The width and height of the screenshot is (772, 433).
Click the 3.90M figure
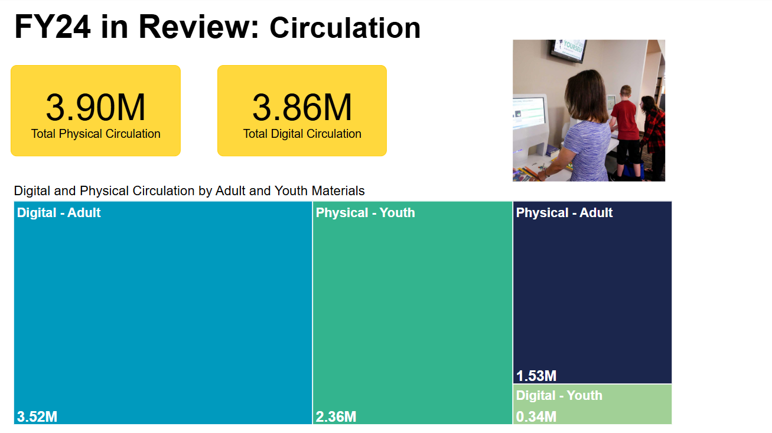point(96,108)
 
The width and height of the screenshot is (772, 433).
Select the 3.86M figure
point(302,108)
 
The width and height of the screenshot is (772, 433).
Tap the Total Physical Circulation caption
point(96,134)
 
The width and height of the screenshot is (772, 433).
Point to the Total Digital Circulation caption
point(302,134)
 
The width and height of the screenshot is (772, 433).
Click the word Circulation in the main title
point(345,28)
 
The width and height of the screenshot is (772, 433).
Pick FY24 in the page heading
point(53,27)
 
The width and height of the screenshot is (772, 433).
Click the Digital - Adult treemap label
point(59,212)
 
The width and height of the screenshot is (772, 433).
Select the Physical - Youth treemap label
point(365,212)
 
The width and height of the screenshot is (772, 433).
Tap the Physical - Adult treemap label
point(564,212)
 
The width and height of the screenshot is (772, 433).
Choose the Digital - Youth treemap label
point(559,395)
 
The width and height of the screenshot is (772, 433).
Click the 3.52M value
point(37,417)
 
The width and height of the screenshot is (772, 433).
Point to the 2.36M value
point(336,417)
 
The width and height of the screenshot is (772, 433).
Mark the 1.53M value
point(536,376)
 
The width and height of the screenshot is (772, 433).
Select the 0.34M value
point(536,417)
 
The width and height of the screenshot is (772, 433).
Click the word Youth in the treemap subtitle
point(291,191)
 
